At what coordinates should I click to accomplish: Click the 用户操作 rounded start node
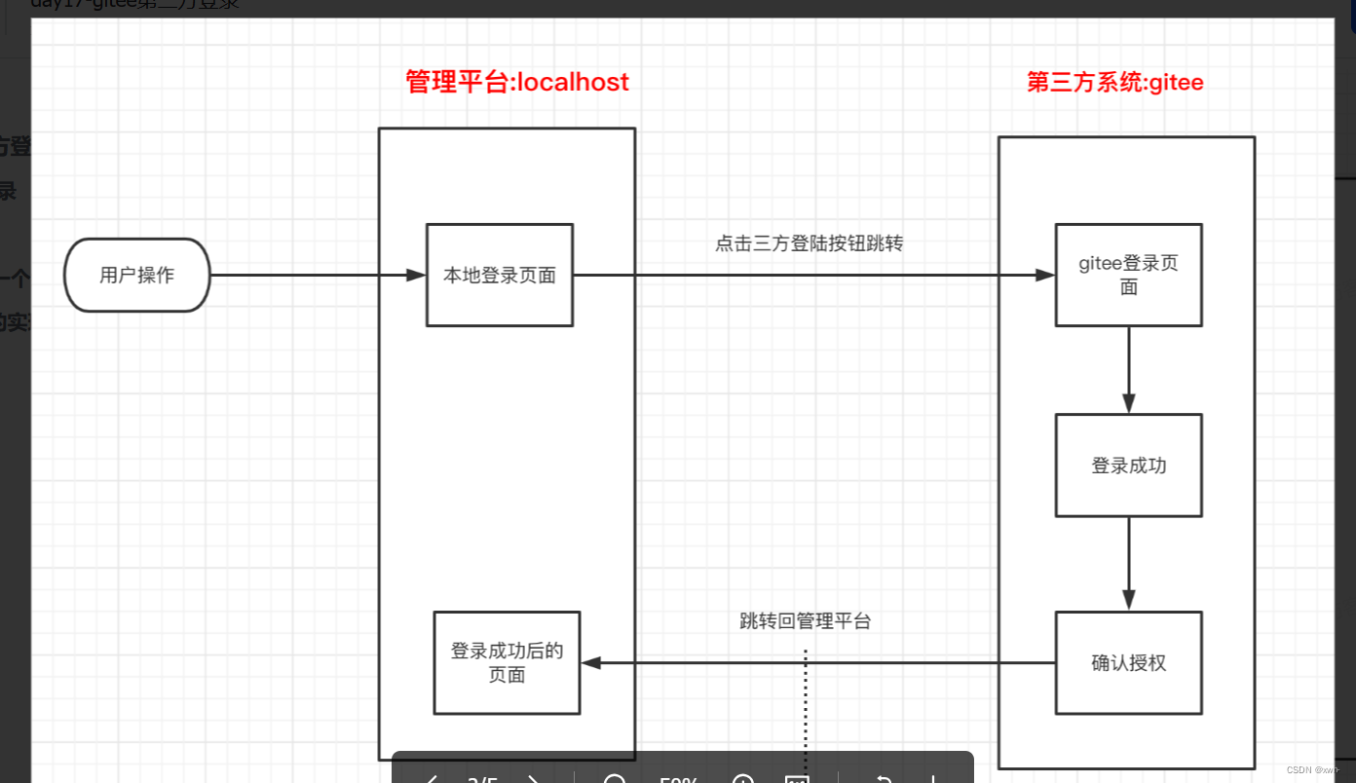[x=137, y=276]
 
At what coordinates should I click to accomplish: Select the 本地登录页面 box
[x=500, y=276]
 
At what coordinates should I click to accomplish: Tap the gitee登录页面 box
[x=1128, y=276]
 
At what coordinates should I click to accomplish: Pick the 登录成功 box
[x=1128, y=466]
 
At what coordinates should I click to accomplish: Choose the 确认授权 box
[x=1128, y=663]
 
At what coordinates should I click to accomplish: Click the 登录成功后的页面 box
[x=507, y=663]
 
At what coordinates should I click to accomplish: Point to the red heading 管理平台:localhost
[x=517, y=82]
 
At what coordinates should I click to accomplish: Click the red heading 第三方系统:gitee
[x=1115, y=83]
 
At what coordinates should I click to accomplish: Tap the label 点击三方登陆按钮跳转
[x=809, y=243]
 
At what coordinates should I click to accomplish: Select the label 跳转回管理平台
[x=805, y=621]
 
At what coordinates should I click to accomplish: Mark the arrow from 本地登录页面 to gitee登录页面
[x=813, y=276]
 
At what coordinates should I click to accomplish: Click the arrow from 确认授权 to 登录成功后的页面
[x=818, y=663]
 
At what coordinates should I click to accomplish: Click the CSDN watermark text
[x=1313, y=769]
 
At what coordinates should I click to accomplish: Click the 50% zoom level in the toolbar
[x=679, y=778]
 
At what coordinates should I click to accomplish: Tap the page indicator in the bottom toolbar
[x=483, y=778]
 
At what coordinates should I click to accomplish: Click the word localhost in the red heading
[x=573, y=82]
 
